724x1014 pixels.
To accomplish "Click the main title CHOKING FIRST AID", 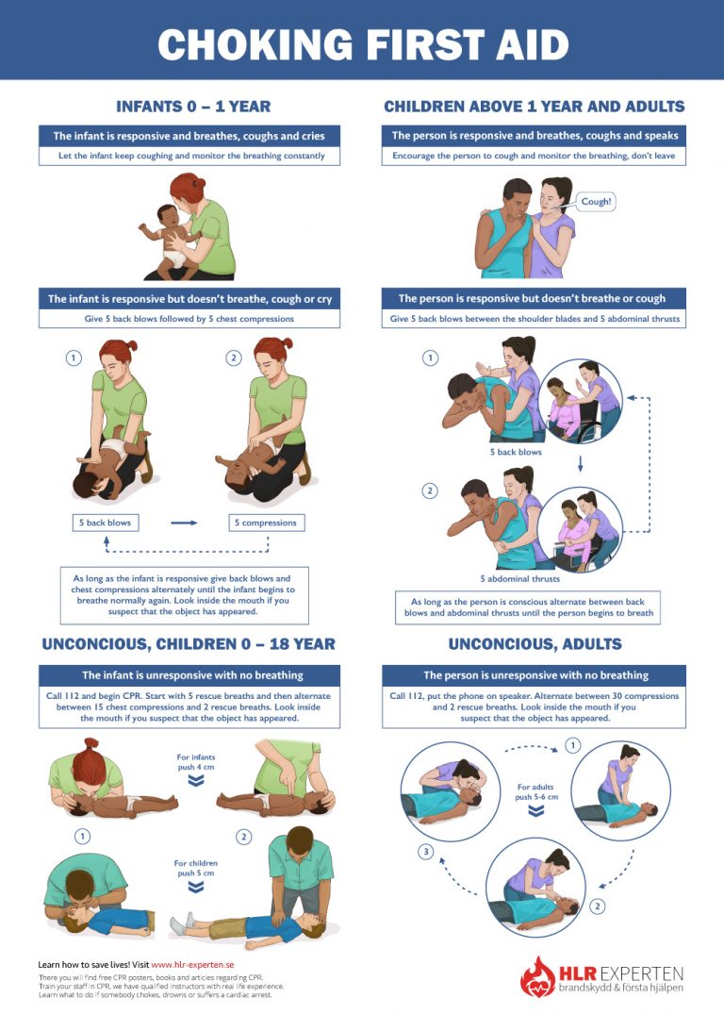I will (362, 43).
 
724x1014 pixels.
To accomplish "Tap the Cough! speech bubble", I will (596, 202).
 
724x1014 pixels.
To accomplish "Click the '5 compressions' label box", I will (267, 523).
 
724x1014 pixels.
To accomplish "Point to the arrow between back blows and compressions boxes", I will (184, 523).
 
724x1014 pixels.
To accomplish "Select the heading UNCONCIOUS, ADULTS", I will (535, 644).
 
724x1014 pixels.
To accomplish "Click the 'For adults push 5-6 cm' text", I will (536, 791).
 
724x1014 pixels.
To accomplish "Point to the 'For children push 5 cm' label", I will (197, 869).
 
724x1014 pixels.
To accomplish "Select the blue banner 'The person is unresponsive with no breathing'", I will (535, 675).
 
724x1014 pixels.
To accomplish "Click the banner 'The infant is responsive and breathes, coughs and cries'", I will (189, 136).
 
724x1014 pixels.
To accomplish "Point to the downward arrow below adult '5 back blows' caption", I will (580, 464).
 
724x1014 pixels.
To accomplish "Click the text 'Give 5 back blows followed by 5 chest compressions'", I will (189, 319).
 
